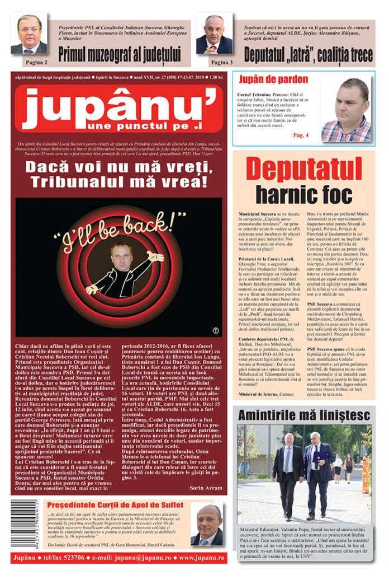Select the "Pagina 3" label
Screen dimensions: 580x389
tap(222, 62)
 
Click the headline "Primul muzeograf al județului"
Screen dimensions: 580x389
tap(120, 54)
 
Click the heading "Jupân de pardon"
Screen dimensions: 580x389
tap(273, 79)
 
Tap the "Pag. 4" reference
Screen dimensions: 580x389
tap(300, 135)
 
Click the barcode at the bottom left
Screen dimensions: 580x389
tap(24, 523)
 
